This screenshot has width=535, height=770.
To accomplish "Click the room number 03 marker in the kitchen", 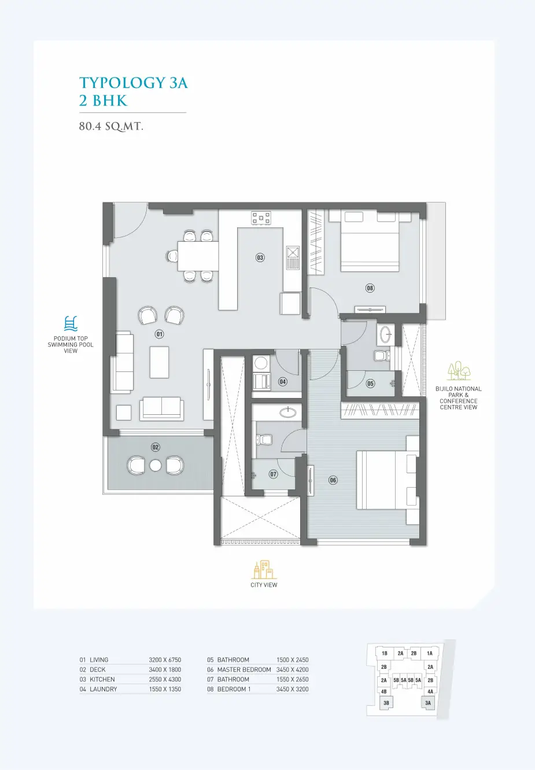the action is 260,257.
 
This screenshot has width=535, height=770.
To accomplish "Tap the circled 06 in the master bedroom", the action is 333,480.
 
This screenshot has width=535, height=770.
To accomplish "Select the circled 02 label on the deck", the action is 156,447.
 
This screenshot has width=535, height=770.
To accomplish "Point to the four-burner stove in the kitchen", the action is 261,218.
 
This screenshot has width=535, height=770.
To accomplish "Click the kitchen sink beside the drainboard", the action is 293,252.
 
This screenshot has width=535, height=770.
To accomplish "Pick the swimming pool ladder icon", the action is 71,323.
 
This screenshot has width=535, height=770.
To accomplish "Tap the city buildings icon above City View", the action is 264,569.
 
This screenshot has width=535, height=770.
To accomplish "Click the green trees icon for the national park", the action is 459,371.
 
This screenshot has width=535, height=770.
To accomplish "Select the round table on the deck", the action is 156,466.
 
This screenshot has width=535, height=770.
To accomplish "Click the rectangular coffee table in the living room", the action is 159,362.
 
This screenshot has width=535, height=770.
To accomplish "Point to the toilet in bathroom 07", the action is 264,439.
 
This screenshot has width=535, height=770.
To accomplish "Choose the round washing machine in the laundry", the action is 260,363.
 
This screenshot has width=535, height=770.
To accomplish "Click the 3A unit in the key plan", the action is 428,703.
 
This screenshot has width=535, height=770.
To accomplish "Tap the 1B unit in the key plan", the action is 385,653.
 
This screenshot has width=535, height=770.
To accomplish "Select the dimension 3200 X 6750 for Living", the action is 165,660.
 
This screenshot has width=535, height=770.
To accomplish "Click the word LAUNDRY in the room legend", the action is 104,689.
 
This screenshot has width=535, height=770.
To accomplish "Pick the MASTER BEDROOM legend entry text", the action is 244,669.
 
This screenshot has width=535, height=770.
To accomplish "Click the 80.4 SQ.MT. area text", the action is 111,127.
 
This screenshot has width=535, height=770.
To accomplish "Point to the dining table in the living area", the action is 198,256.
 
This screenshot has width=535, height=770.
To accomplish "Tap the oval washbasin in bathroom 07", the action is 288,412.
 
